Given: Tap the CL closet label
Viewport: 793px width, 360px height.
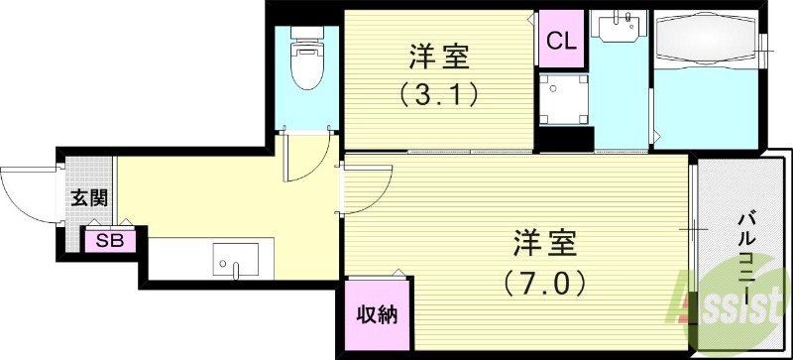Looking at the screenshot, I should (x=560, y=42).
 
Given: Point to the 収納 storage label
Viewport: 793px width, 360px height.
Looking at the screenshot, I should (x=377, y=316).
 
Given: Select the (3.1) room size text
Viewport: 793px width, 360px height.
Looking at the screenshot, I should (x=439, y=95).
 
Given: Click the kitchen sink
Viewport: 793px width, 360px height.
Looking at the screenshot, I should (x=236, y=260).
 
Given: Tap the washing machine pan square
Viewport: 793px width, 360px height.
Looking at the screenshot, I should (x=562, y=97).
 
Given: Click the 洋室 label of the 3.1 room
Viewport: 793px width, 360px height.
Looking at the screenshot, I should (x=439, y=58).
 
